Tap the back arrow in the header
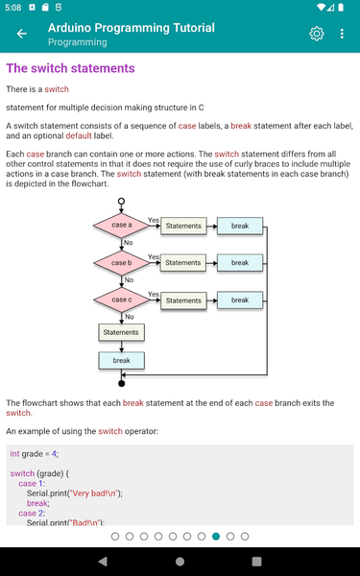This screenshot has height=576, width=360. click(x=21, y=35)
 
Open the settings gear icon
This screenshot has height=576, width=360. click(x=317, y=35)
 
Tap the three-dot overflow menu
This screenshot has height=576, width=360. click(x=342, y=35)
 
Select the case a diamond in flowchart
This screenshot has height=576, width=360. click(x=121, y=226)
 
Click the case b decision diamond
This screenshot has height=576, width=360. click(x=121, y=262)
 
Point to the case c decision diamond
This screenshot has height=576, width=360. click(x=121, y=300)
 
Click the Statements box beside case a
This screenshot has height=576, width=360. click(x=182, y=227)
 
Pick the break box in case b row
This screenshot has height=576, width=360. click(x=239, y=262)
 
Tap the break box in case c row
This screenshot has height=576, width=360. click(x=239, y=300)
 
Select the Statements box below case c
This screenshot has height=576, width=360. click(x=121, y=332)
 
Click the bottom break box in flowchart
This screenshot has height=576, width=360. click(x=121, y=361)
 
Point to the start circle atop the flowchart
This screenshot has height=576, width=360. click(x=121, y=202)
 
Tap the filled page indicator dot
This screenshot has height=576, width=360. click(x=216, y=536)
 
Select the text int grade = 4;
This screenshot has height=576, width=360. click(x=35, y=453)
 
